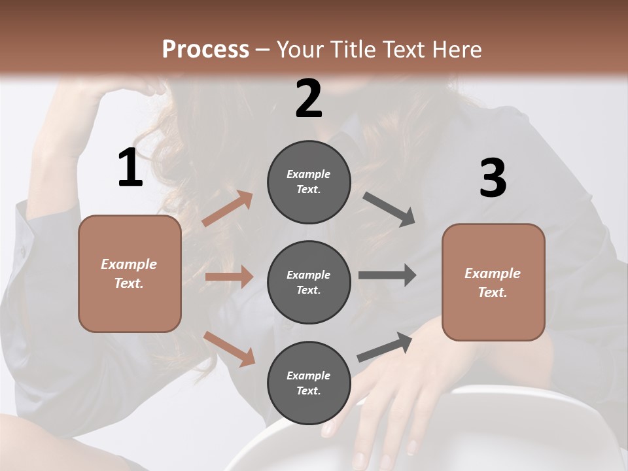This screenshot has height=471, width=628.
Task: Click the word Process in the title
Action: (205, 49)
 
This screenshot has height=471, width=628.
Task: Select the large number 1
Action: (130, 168)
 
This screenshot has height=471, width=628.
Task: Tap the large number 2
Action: (309, 99)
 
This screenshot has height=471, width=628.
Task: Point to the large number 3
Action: (493, 178)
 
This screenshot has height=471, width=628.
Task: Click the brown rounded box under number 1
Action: (130, 273)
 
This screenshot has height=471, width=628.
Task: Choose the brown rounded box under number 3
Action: (493, 282)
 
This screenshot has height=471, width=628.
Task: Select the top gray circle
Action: (309, 182)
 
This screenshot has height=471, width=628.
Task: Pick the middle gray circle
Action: (309, 282)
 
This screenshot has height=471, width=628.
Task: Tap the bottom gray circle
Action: (309, 383)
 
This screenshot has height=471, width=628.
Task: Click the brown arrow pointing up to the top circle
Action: (227, 209)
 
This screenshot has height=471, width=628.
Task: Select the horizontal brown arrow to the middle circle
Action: (229, 277)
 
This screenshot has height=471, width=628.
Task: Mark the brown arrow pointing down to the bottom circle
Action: (229, 348)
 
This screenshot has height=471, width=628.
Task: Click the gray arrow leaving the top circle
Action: (389, 209)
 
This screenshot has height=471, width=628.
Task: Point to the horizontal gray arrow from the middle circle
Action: (387, 275)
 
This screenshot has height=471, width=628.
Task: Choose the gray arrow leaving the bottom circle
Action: (385, 347)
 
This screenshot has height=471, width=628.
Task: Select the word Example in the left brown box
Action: (129, 264)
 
